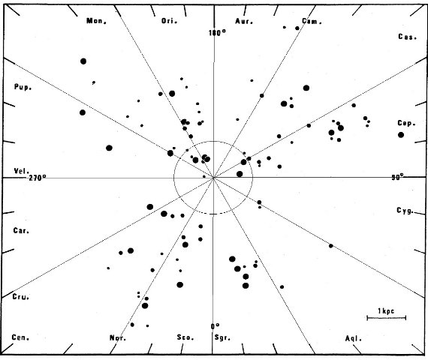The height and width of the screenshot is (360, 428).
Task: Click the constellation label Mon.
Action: tap(96, 21)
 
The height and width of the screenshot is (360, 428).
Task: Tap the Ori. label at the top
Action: tap(169, 21)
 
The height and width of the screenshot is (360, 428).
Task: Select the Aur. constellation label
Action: tap(244, 21)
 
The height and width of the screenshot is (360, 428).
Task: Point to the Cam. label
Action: tap(312, 21)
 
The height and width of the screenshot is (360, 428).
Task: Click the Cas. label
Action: tap(407, 37)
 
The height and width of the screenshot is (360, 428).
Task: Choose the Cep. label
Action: tap(406, 123)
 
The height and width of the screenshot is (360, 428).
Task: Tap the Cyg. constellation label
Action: tap(405, 210)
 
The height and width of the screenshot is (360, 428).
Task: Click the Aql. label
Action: tap(354, 338)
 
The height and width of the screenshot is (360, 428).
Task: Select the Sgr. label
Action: tap(222, 337)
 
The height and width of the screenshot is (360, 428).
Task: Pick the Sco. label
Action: tap(185, 337)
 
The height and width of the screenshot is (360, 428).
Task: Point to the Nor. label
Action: tap(118, 338)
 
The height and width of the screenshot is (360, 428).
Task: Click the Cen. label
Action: tap(20, 337)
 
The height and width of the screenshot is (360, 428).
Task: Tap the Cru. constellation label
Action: tap(21, 297)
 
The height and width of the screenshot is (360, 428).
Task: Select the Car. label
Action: tap(21, 231)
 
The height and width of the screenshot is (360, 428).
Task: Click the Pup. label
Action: tap(23, 87)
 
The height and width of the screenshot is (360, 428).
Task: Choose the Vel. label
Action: tap(22, 171)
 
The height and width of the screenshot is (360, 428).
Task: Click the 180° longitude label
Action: tap(218, 33)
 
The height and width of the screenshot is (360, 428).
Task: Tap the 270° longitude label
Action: tap(38, 178)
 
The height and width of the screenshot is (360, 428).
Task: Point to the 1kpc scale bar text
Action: tap(386, 311)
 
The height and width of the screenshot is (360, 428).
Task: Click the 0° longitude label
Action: tap(215, 326)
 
